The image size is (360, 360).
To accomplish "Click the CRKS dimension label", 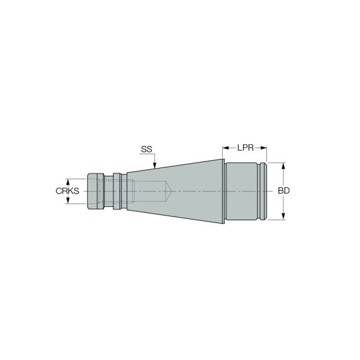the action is pos(67,191).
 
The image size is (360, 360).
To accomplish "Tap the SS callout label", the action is pos(146,149).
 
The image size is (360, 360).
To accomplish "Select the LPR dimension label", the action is pos(245,148).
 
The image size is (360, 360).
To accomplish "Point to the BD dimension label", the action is pos(284,191).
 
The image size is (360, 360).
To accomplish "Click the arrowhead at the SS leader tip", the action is pos(155,166).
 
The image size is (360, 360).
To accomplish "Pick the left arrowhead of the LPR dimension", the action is pos(226,148).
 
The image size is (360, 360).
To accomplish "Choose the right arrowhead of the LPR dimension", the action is pos(263,148).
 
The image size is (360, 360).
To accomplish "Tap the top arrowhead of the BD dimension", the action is pos(283,166).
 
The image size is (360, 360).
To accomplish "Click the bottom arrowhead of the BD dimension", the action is pos(283,216).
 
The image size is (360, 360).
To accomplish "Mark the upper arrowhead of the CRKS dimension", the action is pos(68,182).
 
